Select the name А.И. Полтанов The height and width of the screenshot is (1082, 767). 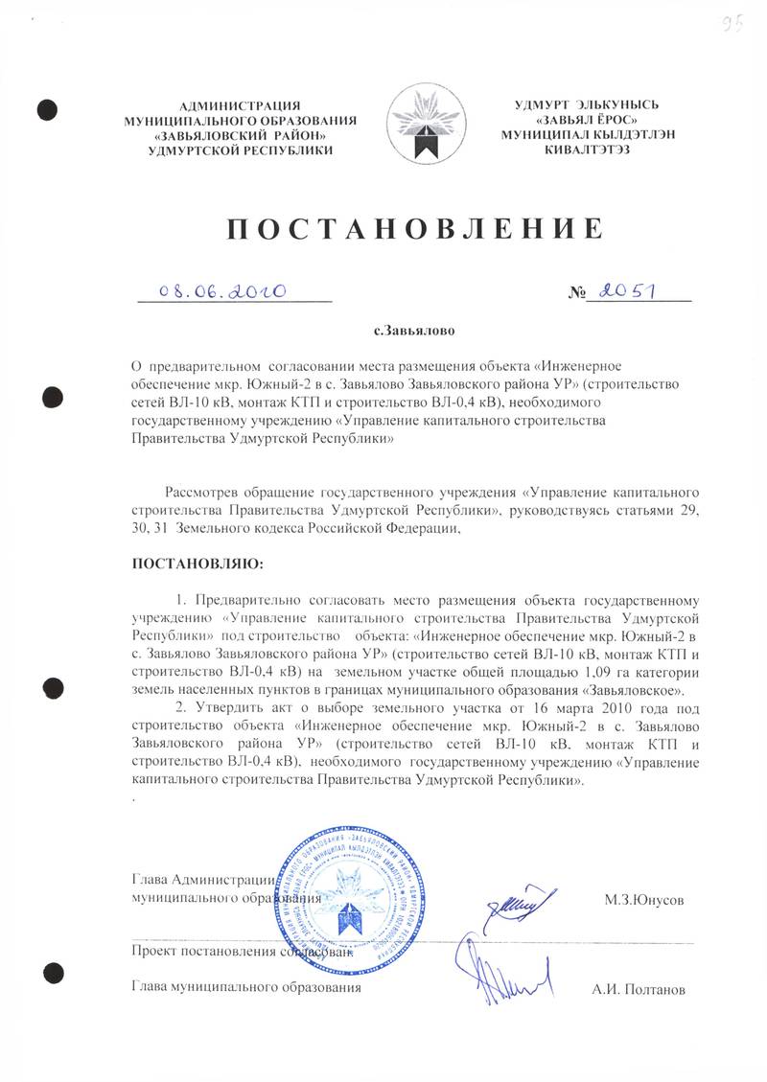(639, 987)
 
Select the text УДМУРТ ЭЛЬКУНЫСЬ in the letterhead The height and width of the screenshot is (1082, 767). (587, 104)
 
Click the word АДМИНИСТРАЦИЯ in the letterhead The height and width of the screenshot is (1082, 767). (241, 104)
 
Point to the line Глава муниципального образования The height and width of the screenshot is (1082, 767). (246, 986)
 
